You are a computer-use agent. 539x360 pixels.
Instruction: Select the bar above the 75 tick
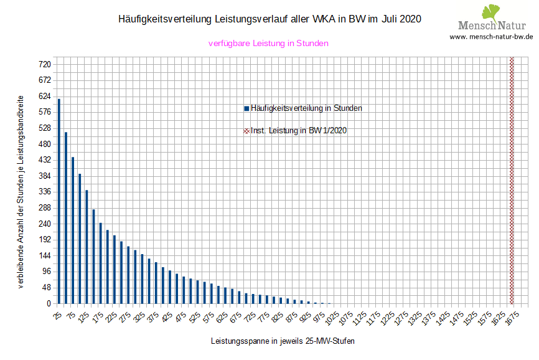(x=73, y=230)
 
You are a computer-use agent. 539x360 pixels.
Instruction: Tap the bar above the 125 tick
(x=87, y=247)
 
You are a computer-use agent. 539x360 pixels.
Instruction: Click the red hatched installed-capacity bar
(x=512, y=181)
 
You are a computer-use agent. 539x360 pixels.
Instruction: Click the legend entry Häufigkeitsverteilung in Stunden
(x=303, y=108)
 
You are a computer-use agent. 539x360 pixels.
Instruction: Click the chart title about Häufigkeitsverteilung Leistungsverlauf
(x=269, y=19)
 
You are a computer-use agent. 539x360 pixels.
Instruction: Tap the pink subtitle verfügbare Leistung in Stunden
(x=268, y=44)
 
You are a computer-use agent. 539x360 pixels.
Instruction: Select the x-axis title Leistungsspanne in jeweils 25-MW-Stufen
(x=283, y=341)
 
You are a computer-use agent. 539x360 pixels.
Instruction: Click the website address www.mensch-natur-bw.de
(x=492, y=36)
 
